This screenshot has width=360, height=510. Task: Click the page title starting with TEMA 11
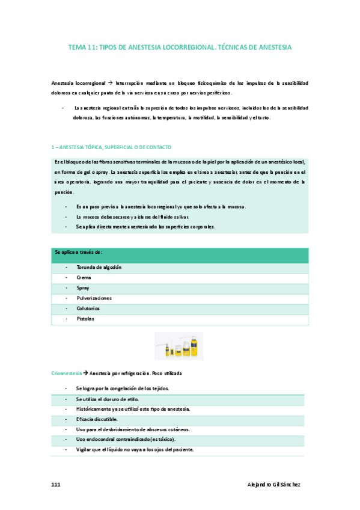pos(180,46)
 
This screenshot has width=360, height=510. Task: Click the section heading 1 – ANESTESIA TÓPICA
pos(112,147)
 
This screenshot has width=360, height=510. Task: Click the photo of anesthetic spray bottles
pos(180,348)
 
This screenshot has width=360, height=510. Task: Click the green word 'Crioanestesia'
pos(66,373)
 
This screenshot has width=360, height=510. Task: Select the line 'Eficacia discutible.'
pos(96,419)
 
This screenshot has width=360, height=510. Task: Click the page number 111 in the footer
pos(56,484)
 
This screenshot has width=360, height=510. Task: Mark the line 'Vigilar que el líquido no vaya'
pos(135,449)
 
